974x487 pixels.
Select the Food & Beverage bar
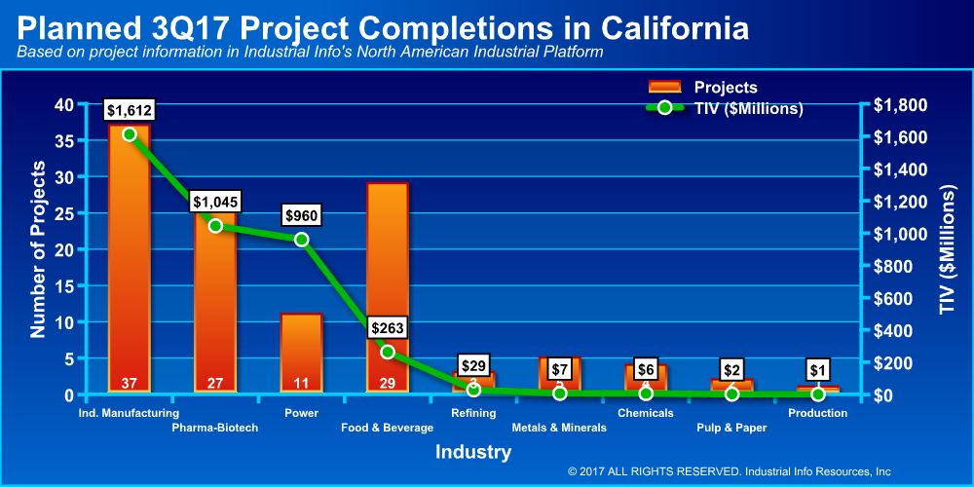pos(387,292)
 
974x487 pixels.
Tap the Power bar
pos(301,351)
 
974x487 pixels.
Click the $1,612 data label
pos(130,110)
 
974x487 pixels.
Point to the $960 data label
pos(302,214)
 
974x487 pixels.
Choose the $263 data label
pos(388,328)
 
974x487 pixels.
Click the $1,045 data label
pos(215,202)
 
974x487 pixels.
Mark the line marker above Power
pos(302,240)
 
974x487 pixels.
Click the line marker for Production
pos(818,393)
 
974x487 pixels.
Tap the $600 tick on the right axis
pos(898,298)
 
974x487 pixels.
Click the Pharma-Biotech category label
pos(215,428)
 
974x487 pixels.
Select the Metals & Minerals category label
pos(559,428)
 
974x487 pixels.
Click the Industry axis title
pos(472,452)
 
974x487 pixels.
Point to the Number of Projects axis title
pos(38,251)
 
